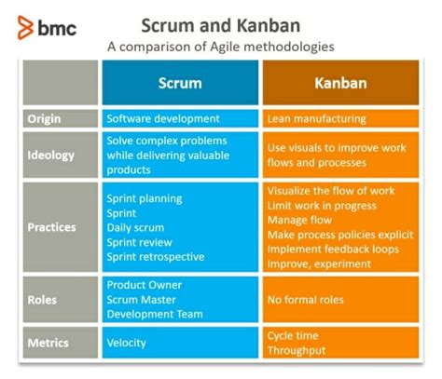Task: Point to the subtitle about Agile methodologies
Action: point(220,45)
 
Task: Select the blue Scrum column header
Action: point(179,83)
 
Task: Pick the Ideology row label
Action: point(50,155)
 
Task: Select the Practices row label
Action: point(52,226)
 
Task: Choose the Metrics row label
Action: point(48,343)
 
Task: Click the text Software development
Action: point(163,119)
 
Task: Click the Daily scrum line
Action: point(136,227)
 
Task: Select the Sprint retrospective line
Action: point(155,256)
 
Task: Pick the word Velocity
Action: point(127,343)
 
